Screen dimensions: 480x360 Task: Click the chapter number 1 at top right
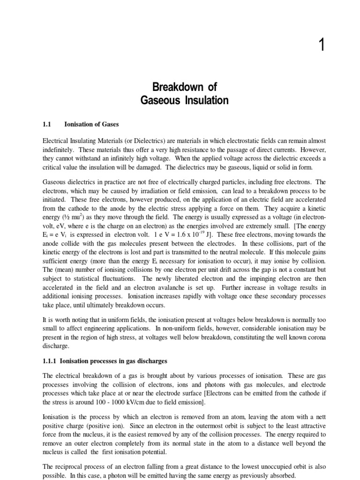tap(321, 46)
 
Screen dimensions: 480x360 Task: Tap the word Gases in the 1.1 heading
tap(109, 124)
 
